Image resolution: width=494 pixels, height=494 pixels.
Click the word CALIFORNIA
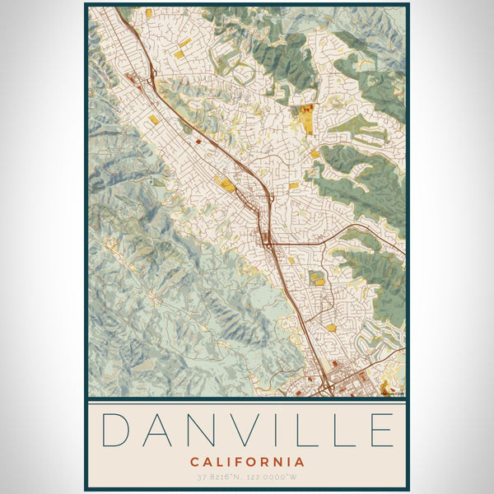click(247, 462)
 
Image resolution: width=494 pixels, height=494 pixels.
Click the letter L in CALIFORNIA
click(217, 462)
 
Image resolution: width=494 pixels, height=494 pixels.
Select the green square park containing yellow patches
click(316, 278)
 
